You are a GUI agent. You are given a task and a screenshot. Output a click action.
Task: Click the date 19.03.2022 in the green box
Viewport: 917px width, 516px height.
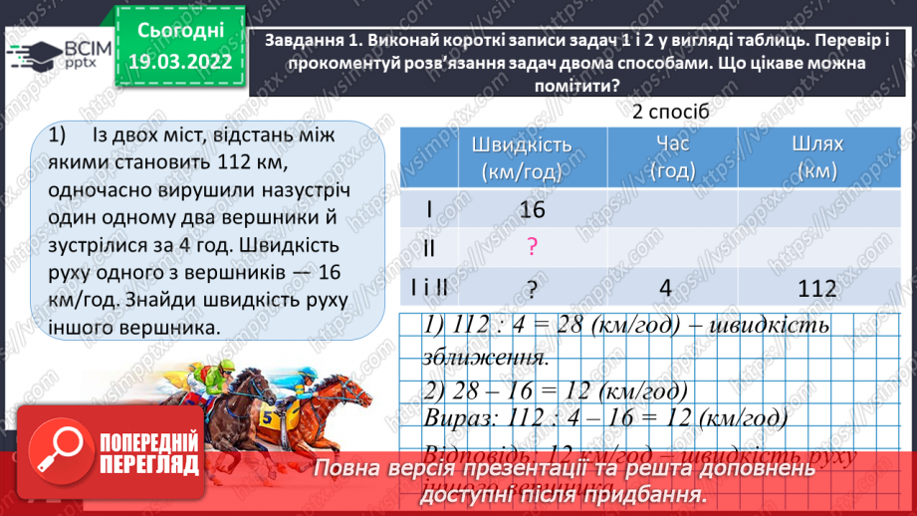pyautogui.click(x=179, y=62)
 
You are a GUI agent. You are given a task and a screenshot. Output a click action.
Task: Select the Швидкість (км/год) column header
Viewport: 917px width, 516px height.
pyautogui.click(x=525, y=157)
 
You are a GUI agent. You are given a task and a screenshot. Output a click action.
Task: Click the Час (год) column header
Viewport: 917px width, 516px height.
pyautogui.click(x=672, y=157)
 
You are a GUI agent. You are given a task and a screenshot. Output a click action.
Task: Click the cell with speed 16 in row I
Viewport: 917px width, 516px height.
pyautogui.click(x=534, y=209)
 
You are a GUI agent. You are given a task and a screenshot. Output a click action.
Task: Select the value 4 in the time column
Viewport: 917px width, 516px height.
pyautogui.click(x=666, y=288)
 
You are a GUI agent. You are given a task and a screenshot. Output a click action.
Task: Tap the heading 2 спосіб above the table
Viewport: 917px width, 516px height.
pyautogui.click(x=671, y=112)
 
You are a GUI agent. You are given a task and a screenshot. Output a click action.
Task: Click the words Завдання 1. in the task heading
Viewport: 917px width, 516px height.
pyautogui.click(x=316, y=41)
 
